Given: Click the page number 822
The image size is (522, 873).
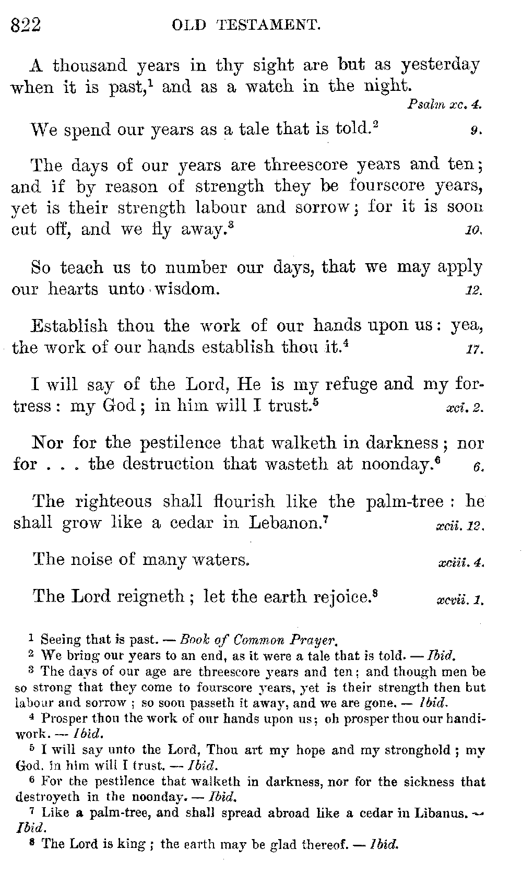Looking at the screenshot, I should [x=26, y=25].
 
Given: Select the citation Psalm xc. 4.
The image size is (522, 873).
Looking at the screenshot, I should [x=444, y=104].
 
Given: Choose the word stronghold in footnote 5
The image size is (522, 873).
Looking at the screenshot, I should [x=417, y=750].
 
